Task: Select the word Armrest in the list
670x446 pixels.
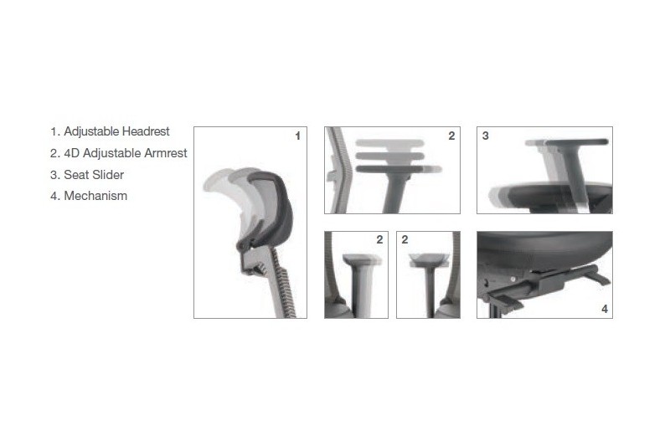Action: [x=166, y=153]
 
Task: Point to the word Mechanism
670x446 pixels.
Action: [x=95, y=196]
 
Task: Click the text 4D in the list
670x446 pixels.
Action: [x=72, y=153]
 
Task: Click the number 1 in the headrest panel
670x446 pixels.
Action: [x=298, y=136]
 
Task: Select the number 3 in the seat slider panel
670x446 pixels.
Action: [x=486, y=136]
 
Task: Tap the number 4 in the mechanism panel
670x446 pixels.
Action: [x=605, y=309]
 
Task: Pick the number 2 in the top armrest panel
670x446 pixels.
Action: [x=451, y=136]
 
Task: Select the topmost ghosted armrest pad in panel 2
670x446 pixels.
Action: [x=389, y=144]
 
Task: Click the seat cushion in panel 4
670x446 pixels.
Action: [x=545, y=249]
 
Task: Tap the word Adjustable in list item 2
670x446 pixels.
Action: [x=112, y=153]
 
